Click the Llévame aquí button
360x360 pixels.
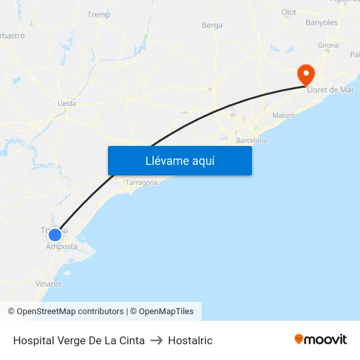click(x=179, y=160)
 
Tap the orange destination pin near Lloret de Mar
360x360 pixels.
click(x=306, y=74)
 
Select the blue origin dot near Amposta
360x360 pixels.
click(x=55, y=234)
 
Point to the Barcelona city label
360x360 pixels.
click(x=251, y=140)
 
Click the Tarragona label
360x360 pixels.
click(x=141, y=183)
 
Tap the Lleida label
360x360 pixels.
click(x=67, y=103)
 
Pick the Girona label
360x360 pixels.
click(x=328, y=45)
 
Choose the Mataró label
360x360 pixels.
click(x=283, y=115)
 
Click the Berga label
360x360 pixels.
click(x=212, y=26)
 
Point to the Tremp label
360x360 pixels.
click(x=99, y=14)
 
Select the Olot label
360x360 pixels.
click(x=289, y=12)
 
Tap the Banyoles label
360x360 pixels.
click(x=321, y=22)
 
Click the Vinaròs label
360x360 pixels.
click(x=49, y=284)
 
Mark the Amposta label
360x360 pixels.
click(x=62, y=247)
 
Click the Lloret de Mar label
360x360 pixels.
click(x=331, y=89)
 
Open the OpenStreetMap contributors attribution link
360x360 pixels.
click(x=70, y=312)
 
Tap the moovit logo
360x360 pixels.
click(x=321, y=340)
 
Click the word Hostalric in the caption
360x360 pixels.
click(x=190, y=340)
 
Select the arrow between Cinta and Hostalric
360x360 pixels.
click(x=156, y=340)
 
